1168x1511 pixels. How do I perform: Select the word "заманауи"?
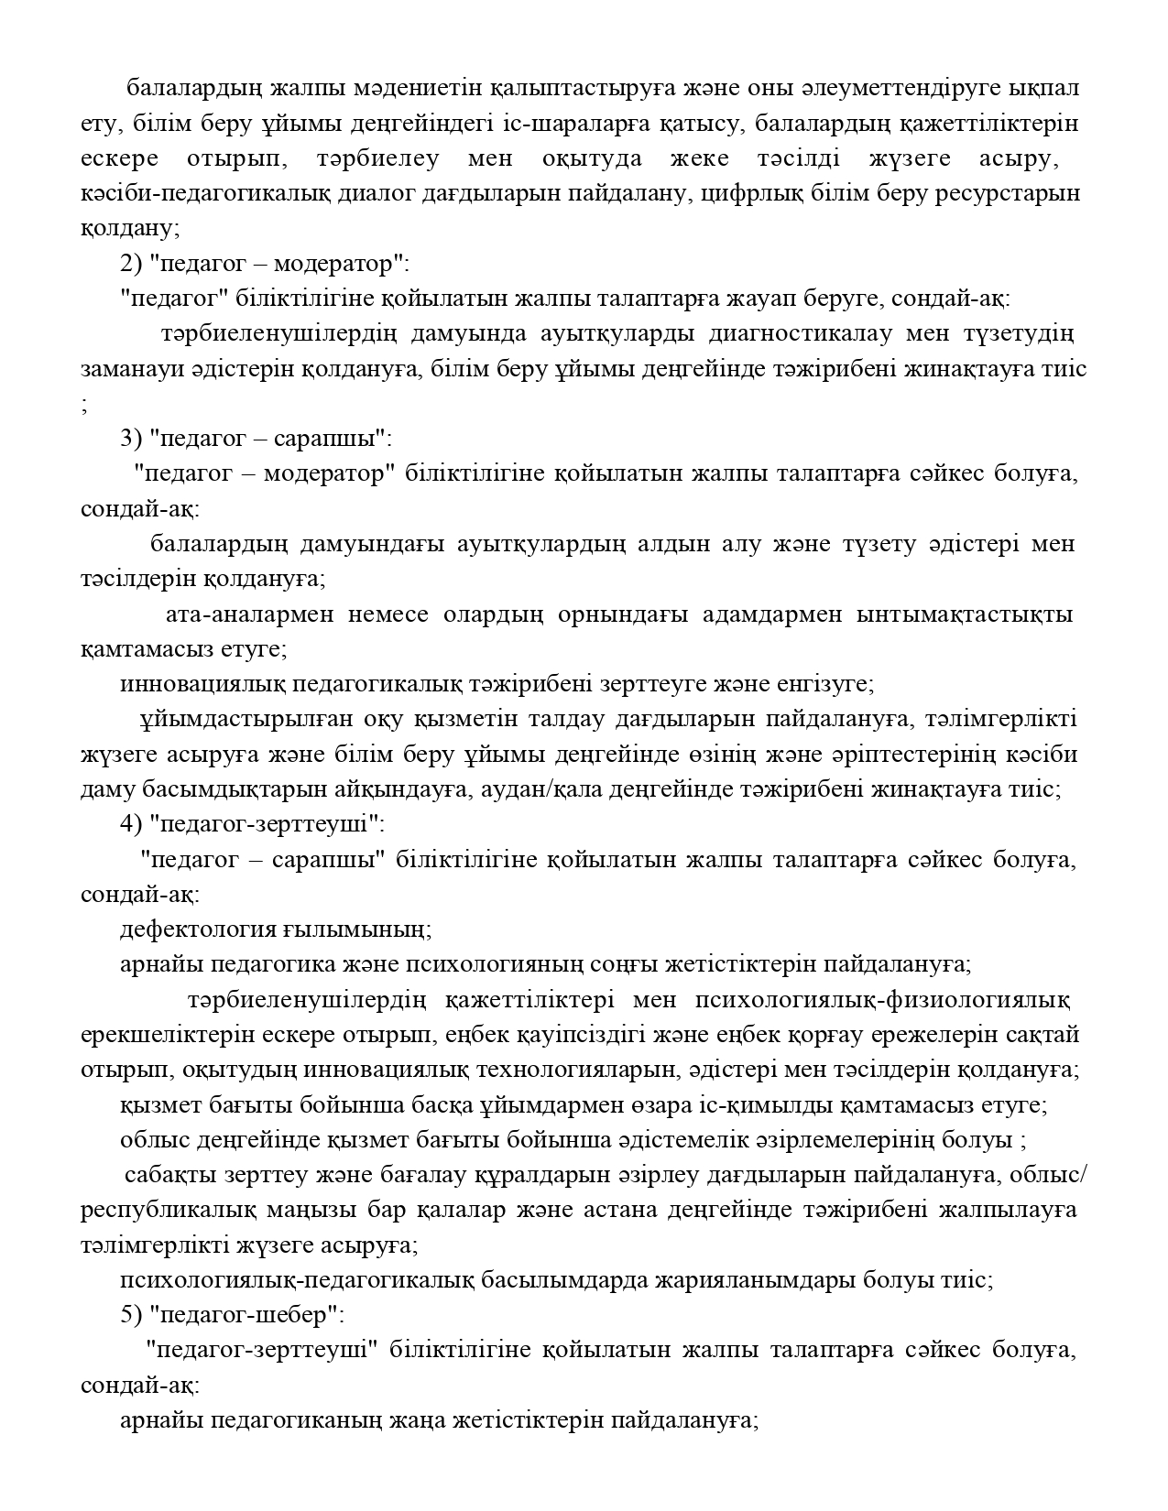(x=123, y=369)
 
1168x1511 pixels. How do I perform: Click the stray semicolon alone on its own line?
(x=85, y=405)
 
